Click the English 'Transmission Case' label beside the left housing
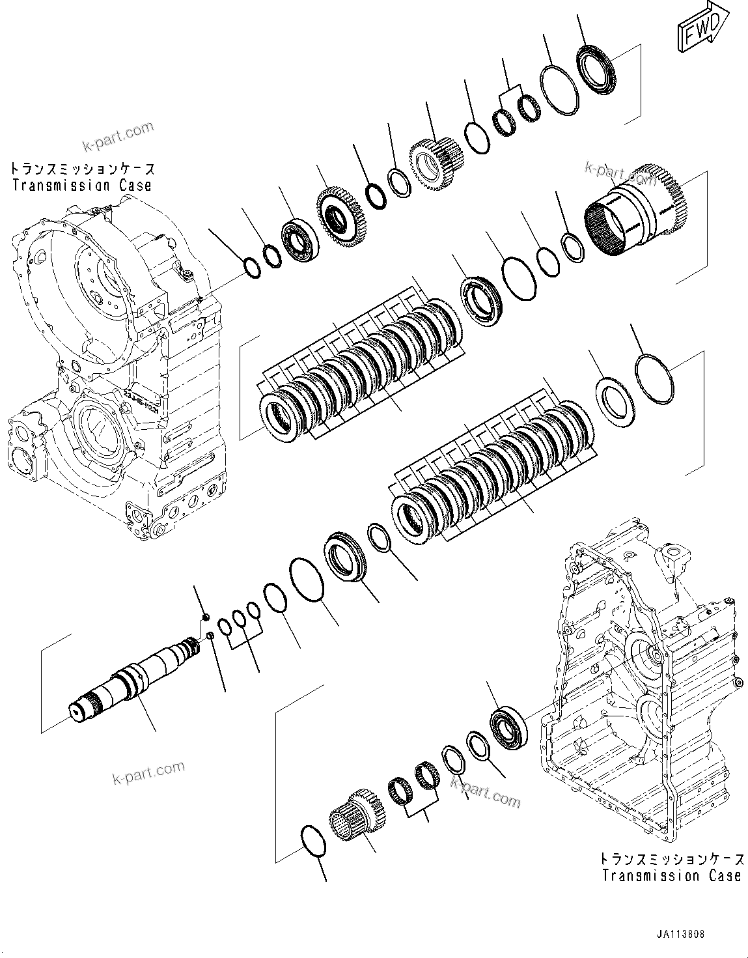click(82, 185)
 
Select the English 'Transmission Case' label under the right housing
click(671, 876)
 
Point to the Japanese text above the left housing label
click(82, 169)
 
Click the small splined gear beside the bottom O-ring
click(356, 813)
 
